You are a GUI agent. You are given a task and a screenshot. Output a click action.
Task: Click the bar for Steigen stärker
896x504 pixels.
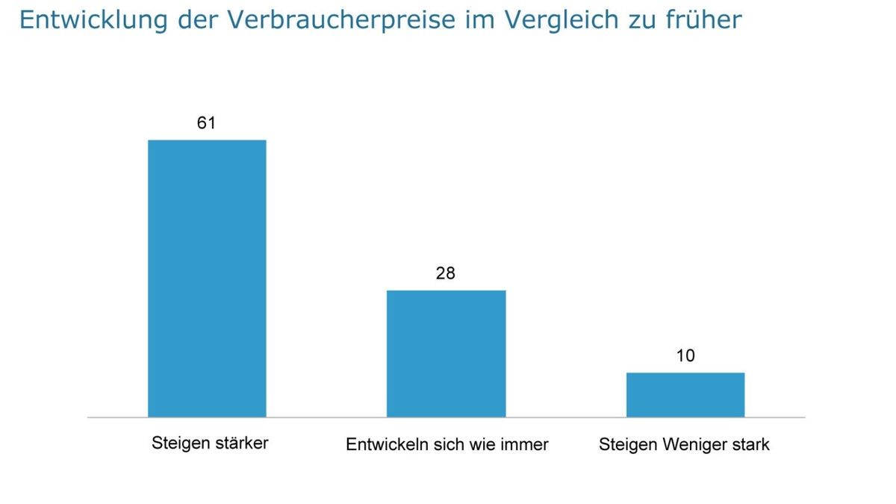[x=207, y=278]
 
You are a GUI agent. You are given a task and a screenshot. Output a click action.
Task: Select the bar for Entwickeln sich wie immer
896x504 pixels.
[x=446, y=353]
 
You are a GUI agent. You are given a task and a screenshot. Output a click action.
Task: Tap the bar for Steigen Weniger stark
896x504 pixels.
[x=685, y=394]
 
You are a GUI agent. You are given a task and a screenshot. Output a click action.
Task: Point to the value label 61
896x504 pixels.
[x=206, y=122]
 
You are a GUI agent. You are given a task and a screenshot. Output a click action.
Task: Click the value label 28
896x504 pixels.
[x=446, y=273]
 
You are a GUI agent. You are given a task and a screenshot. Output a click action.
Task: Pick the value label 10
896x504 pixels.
[x=685, y=355]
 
